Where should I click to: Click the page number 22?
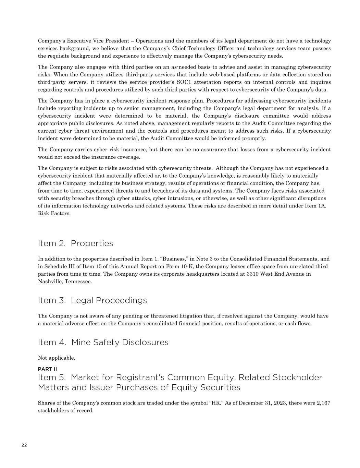pos(24,445)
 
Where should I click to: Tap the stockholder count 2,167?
pos(323,403)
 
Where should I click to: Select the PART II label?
pos(47,369)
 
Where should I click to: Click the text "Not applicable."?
pos(57,358)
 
